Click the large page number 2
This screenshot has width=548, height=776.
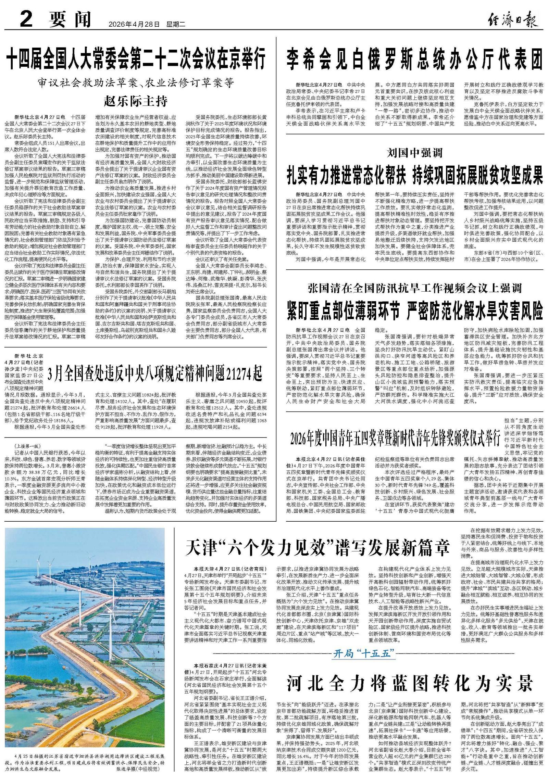[26, 20]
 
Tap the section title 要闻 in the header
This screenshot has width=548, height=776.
[70, 20]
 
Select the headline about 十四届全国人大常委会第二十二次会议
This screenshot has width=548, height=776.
[136, 60]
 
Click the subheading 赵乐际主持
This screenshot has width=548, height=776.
[136, 101]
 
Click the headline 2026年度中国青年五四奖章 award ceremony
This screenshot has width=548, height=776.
[395, 439]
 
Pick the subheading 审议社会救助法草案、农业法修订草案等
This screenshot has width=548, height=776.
[136, 83]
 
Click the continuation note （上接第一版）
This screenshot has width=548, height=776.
[28, 446]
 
